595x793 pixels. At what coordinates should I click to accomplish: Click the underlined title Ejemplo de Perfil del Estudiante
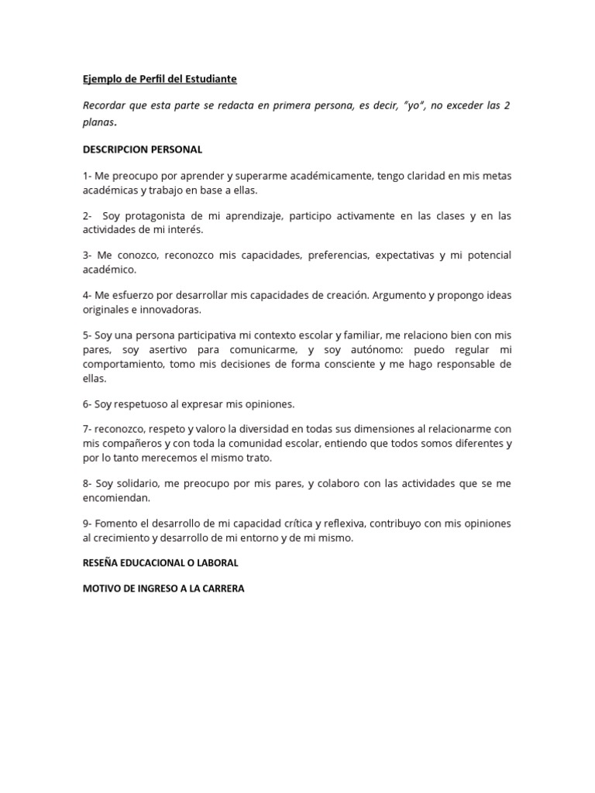click(x=160, y=79)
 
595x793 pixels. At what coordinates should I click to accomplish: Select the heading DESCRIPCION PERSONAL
click(x=143, y=149)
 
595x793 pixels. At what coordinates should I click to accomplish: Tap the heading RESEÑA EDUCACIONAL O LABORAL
click(x=160, y=562)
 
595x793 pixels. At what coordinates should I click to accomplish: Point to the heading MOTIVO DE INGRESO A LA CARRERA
click(x=163, y=589)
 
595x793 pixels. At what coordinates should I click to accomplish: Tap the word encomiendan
click(x=115, y=498)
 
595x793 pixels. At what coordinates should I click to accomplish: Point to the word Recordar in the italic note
click(x=105, y=105)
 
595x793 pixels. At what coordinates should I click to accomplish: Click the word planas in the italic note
click(x=98, y=122)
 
